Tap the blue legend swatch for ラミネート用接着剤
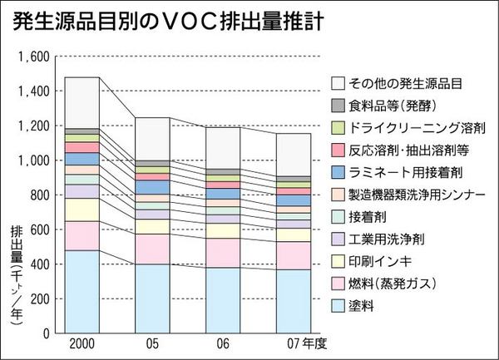[x=338, y=173]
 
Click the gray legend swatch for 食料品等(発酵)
[x=338, y=106]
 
